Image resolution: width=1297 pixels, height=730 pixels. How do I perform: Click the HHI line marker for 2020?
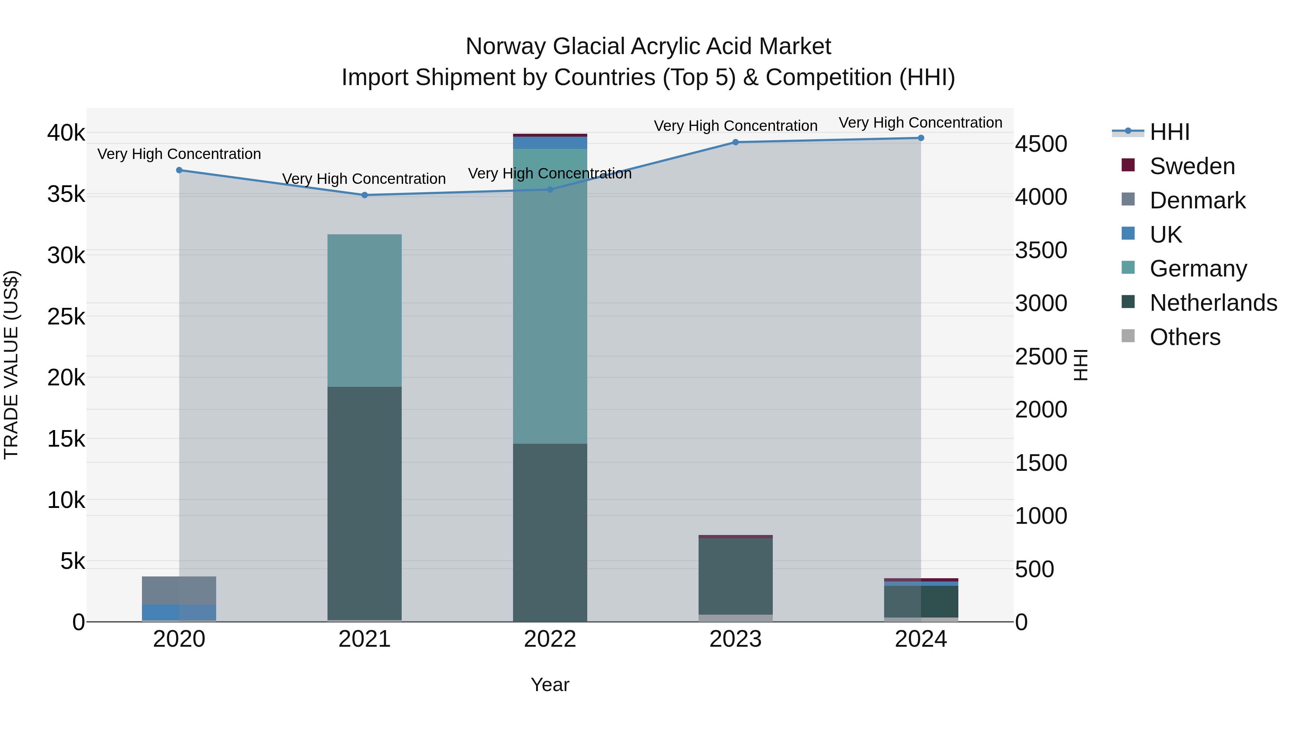(179, 170)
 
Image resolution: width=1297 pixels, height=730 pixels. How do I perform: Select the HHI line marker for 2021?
(365, 195)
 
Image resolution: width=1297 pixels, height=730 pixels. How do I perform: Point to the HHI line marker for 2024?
(921, 138)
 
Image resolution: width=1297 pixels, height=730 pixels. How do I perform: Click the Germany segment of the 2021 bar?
(365, 310)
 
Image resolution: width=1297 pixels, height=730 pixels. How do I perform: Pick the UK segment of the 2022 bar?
(550, 142)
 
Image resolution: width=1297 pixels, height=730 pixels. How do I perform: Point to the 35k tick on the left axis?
(66, 194)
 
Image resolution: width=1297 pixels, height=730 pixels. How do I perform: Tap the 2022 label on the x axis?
(550, 639)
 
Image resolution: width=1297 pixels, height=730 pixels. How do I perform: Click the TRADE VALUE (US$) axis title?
(11, 365)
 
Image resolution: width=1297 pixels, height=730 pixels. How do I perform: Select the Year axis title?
(550, 685)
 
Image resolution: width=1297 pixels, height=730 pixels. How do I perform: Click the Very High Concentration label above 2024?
(921, 123)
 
